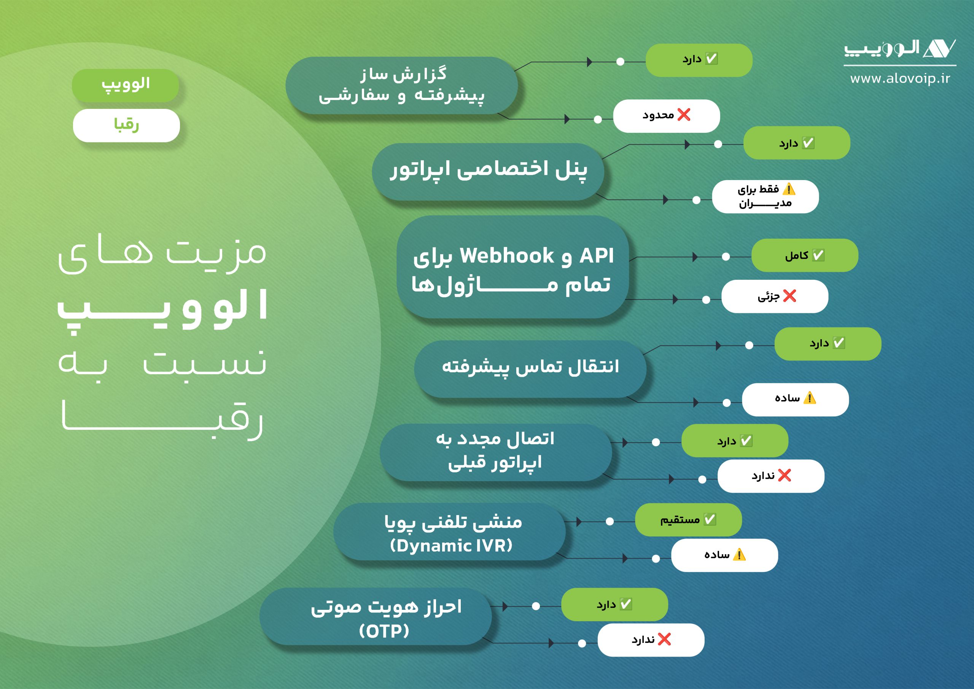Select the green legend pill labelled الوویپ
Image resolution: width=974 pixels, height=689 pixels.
pos(125,85)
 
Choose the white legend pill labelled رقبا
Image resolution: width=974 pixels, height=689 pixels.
pos(126,125)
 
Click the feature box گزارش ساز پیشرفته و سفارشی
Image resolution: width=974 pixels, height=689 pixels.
pos(401,85)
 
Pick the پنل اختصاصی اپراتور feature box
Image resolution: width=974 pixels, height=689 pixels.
pos(488,172)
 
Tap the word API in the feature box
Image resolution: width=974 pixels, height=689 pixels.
pos(597,255)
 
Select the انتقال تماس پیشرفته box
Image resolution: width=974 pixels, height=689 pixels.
pos(530,368)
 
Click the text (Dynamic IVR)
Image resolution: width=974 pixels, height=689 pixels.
pos(451,545)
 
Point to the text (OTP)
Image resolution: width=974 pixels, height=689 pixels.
pos(384,631)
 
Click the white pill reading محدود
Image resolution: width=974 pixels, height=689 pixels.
pos(667,116)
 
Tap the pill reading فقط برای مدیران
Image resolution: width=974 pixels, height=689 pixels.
pos(765,196)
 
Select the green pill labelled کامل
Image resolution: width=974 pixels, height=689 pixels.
pos(805,255)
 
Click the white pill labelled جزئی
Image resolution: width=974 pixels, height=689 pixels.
pos(775,296)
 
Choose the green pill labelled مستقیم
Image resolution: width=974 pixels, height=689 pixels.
pos(688,520)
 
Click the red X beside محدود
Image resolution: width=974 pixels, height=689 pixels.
pos(684,115)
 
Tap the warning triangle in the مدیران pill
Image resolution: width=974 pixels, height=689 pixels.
pos(789,189)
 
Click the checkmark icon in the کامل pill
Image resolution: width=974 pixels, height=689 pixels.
pos(818,255)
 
